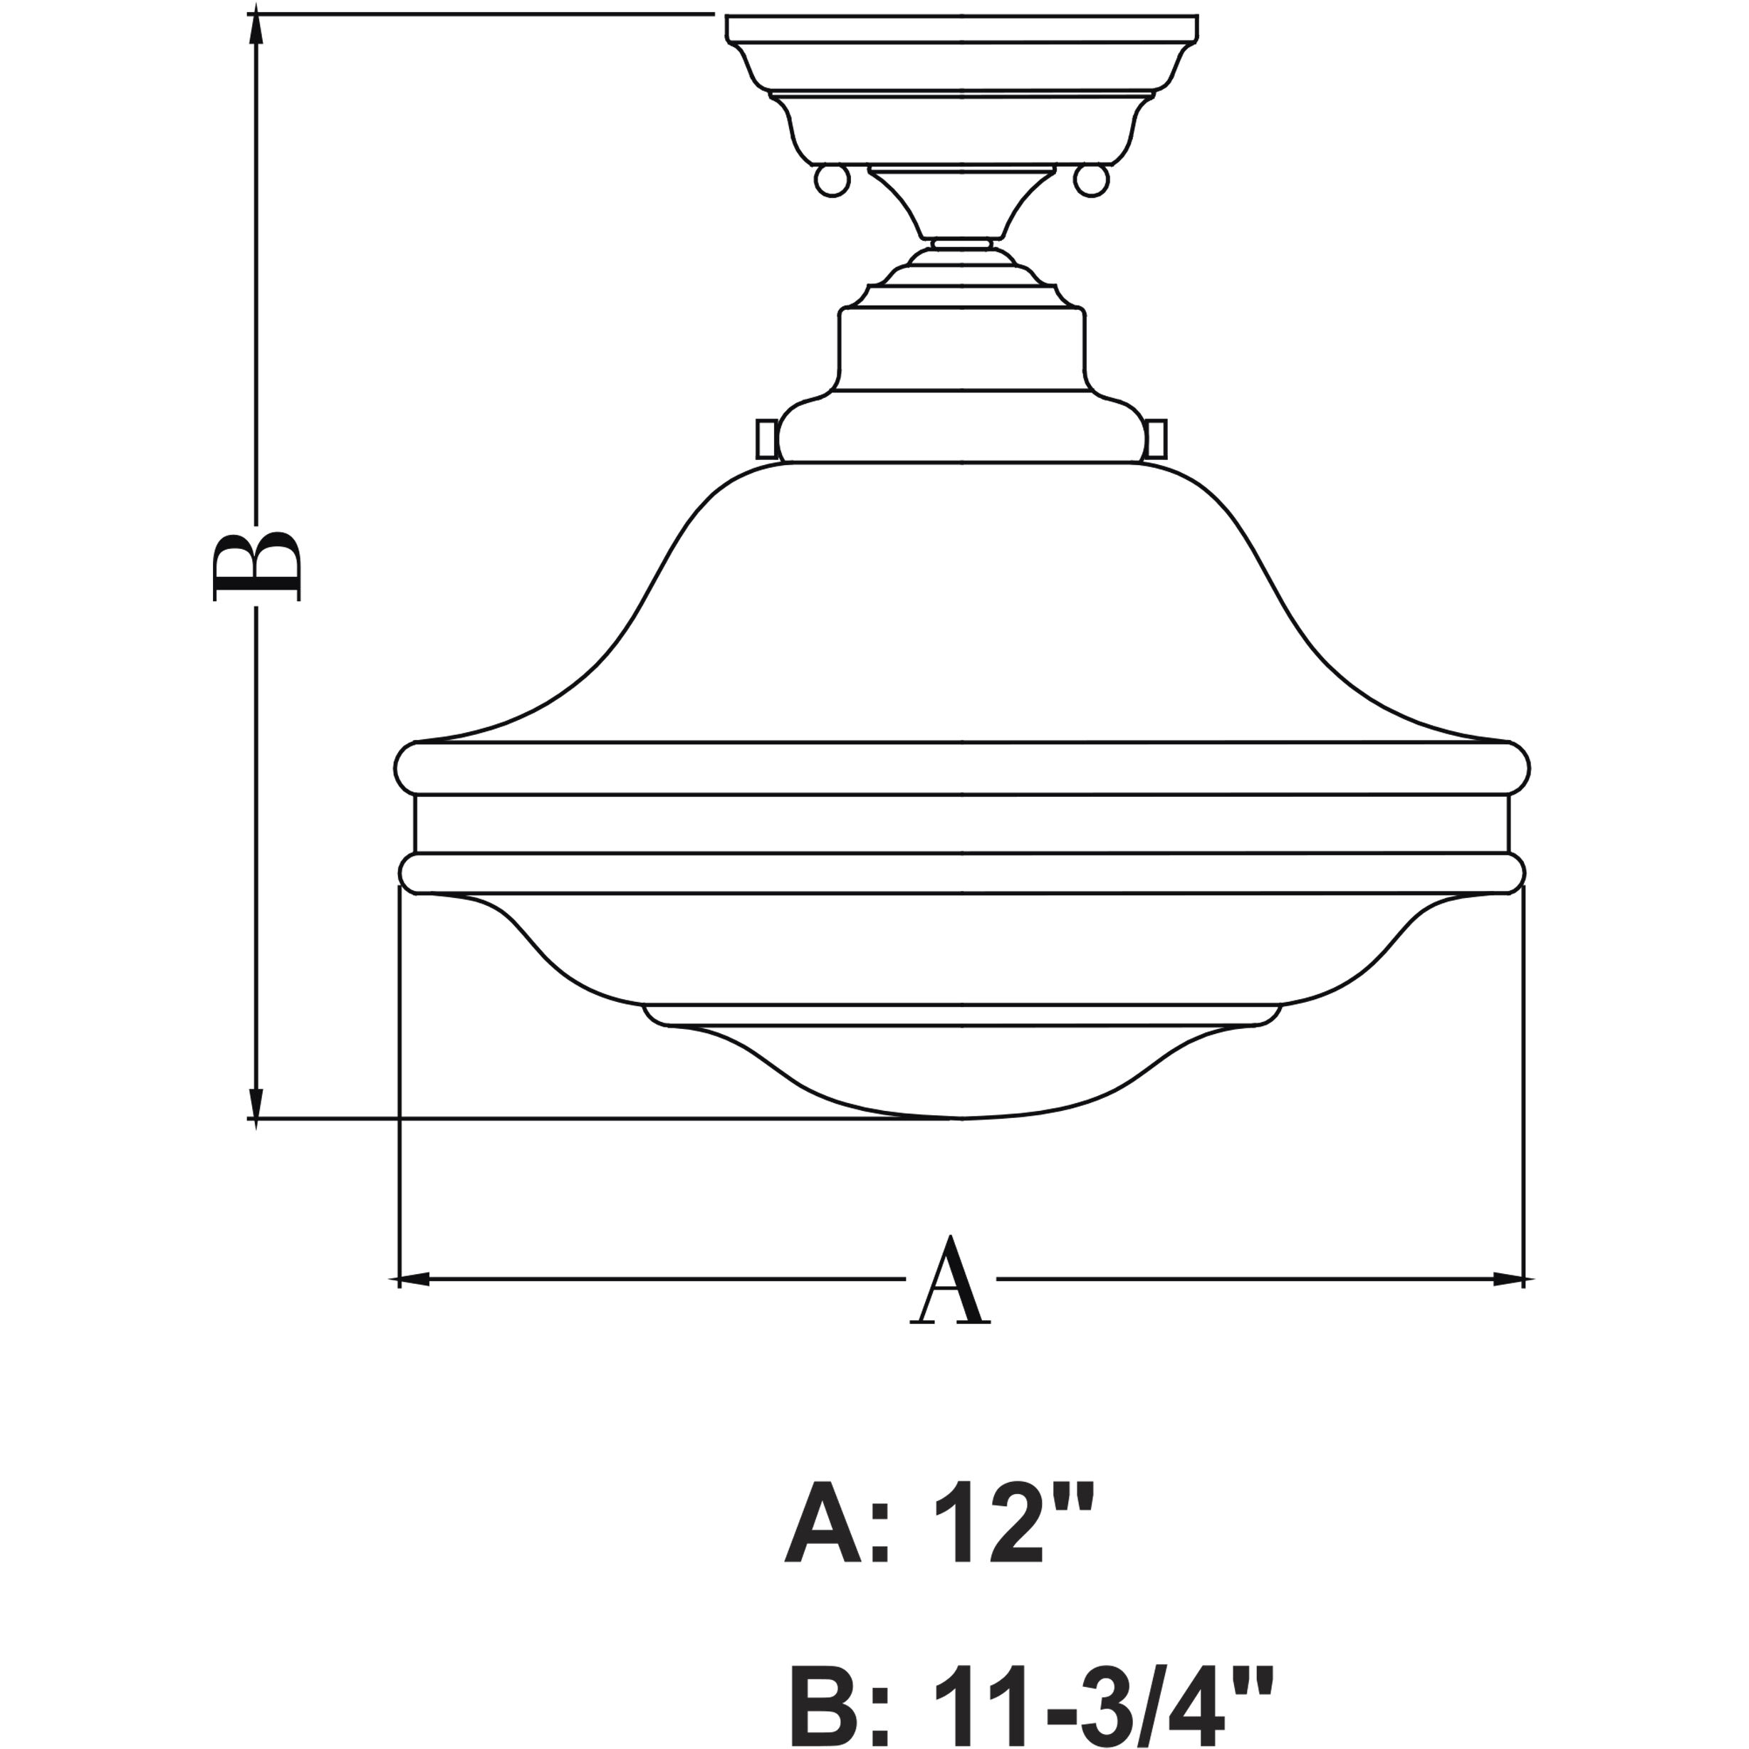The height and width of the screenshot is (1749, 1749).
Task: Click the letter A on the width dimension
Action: [950, 1281]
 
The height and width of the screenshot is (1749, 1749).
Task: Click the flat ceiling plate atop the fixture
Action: [961, 28]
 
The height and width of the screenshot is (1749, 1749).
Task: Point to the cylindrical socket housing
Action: [961, 348]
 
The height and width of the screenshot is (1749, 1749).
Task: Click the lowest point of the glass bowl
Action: [961, 1116]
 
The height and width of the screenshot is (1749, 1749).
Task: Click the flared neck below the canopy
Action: [961, 204]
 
